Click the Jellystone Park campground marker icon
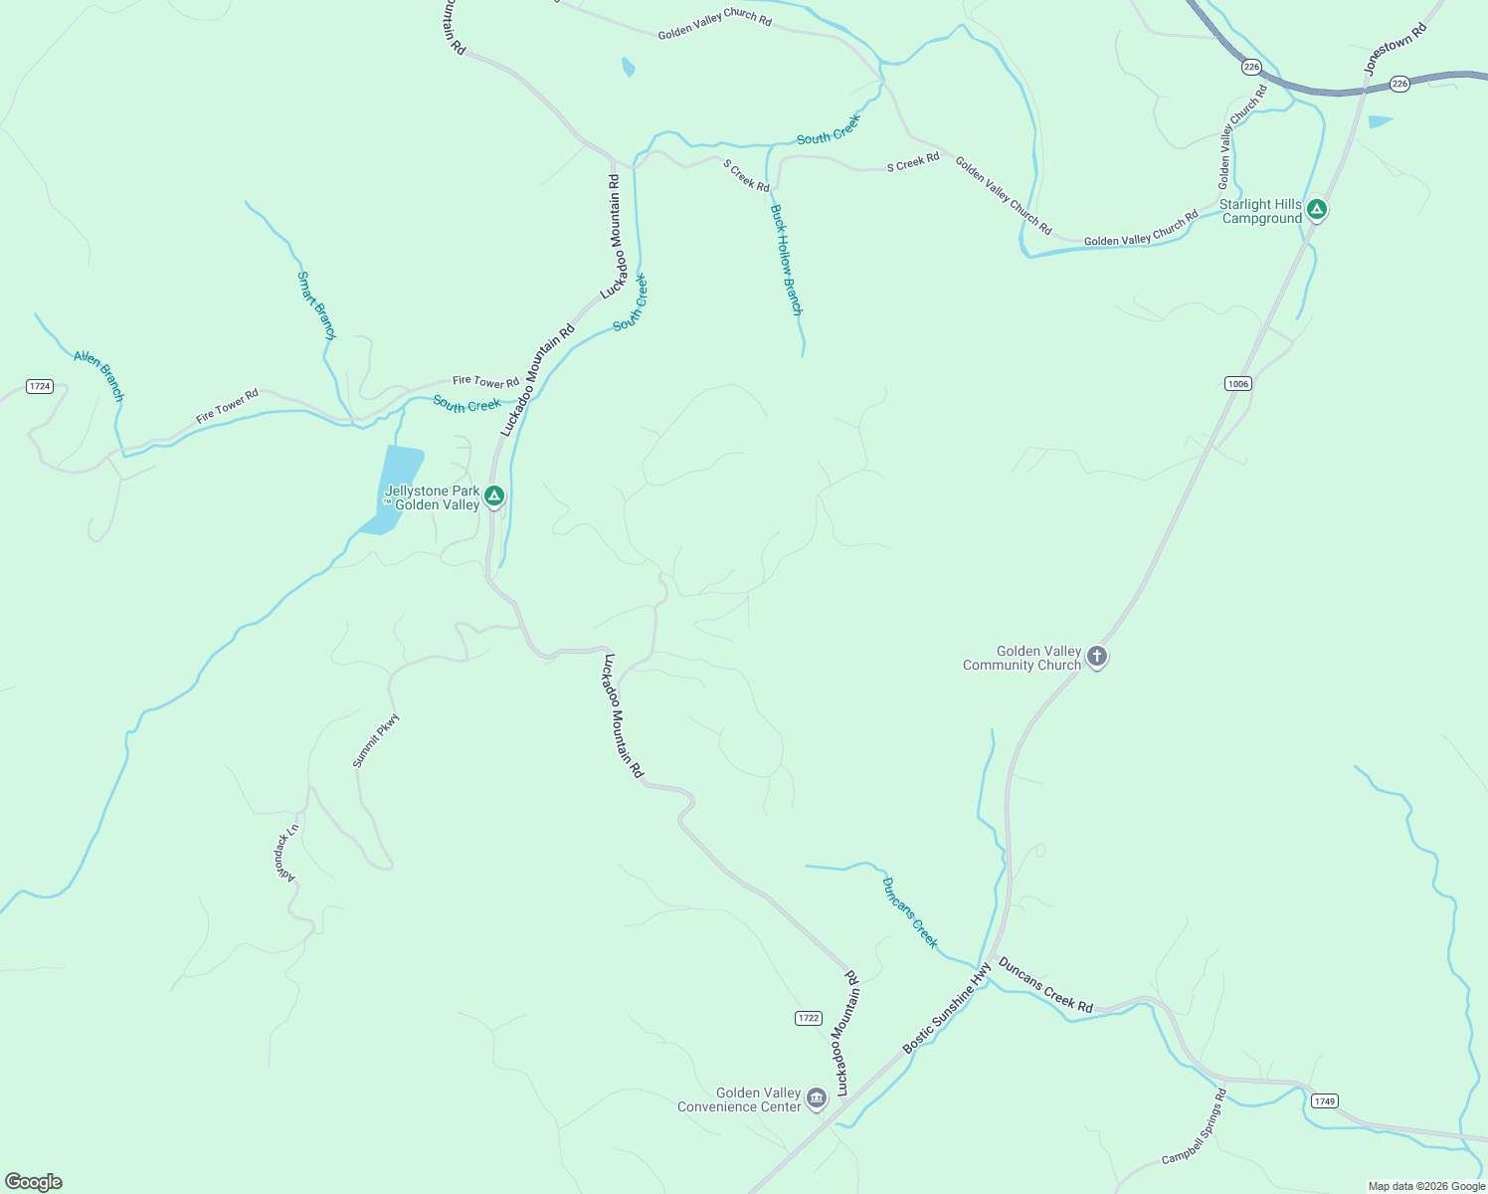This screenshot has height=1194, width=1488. pyautogui.click(x=494, y=496)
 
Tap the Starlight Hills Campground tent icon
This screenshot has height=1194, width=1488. pyautogui.click(x=1316, y=209)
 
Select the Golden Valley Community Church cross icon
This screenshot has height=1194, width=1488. pyautogui.click(x=1096, y=656)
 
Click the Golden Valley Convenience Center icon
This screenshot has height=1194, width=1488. pyautogui.click(x=816, y=1097)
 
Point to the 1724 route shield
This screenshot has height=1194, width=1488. pyautogui.click(x=40, y=386)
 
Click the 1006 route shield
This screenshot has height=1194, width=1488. pyautogui.click(x=1237, y=383)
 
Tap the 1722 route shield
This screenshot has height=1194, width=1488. pyautogui.click(x=809, y=1018)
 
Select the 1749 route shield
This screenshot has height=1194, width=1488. pyautogui.click(x=1324, y=1100)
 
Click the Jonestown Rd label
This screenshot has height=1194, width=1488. pyautogui.click(x=1395, y=50)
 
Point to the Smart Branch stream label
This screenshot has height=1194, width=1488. pyautogui.click(x=316, y=305)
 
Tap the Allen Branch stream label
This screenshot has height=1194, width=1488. pyautogui.click(x=99, y=375)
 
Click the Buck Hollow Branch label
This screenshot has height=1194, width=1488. pyautogui.click(x=786, y=260)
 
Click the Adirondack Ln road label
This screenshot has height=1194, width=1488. pyautogui.click(x=286, y=853)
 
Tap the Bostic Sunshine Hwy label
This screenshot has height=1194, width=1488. pyautogui.click(x=947, y=1008)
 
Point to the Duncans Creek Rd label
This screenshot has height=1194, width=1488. pyautogui.click(x=1045, y=985)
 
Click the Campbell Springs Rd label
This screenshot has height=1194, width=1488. pyautogui.click(x=1195, y=1127)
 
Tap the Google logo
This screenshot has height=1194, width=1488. pyautogui.click(x=34, y=1182)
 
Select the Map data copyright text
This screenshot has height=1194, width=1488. pyautogui.click(x=1425, y=1186)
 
